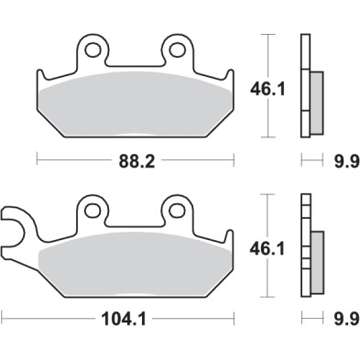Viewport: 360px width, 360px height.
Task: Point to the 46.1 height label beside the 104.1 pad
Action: pyautogui.click(x=265, y=246)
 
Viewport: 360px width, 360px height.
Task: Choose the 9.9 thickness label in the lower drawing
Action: pyautogui.click(x=340, y=322)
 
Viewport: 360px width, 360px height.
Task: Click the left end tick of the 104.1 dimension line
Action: pyautogui.click(x=3, y=322)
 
